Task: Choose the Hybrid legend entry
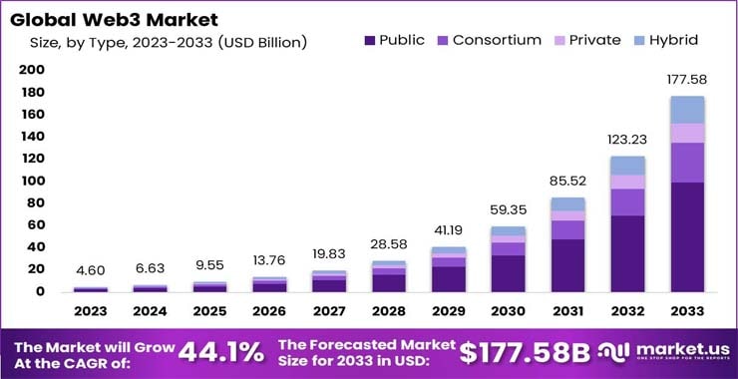coord(662,40)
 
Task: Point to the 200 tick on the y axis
coord(32,70)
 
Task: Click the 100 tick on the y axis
coord(32,181)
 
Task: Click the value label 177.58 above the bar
coord(686,79)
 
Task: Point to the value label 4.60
coord(91,270)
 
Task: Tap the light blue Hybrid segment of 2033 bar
coord(686,110)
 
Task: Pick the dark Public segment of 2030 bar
coord(508,273)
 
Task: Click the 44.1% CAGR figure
coord(221,351)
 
